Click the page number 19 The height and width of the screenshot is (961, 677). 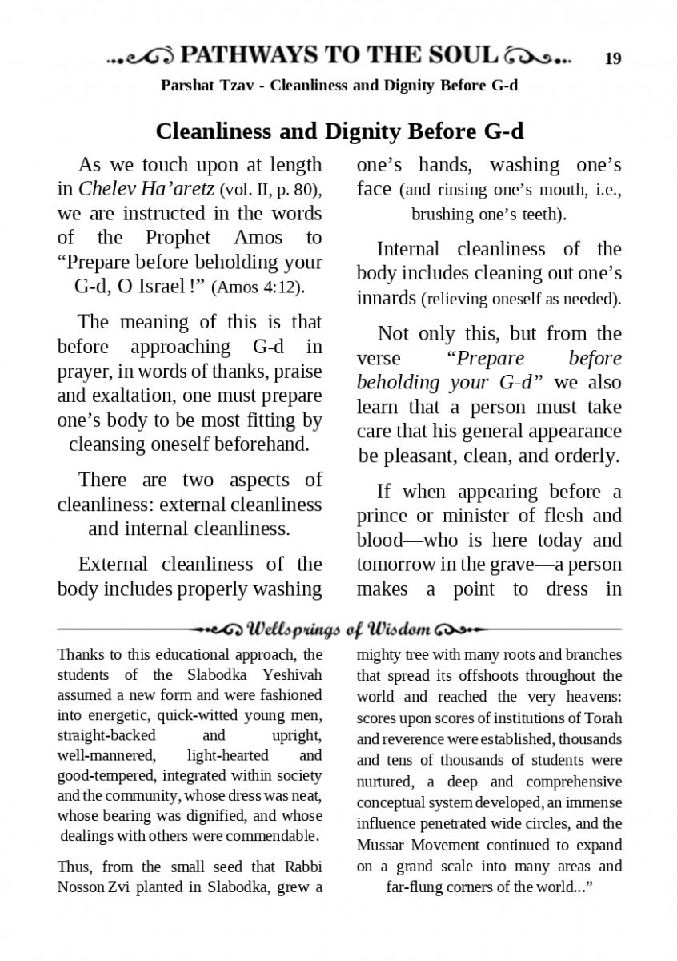tap(612, 58)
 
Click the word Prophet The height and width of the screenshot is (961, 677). tap(178, 238)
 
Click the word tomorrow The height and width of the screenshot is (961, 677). tap(395, 565)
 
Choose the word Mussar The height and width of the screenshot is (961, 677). tap(383, 846)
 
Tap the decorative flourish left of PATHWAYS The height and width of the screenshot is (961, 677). tap(138, 57)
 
